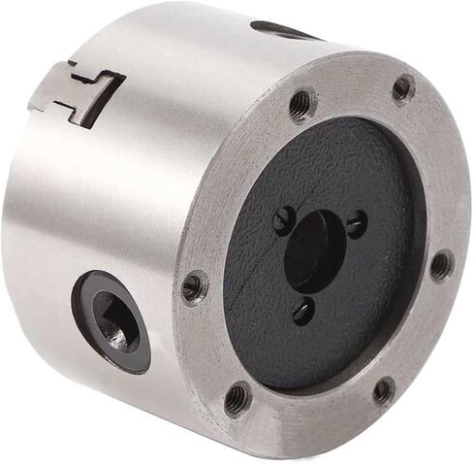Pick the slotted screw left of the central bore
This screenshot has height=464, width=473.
coord(283,220)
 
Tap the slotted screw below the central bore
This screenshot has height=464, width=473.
coord(303,311)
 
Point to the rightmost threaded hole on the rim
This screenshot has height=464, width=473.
coord(441,264)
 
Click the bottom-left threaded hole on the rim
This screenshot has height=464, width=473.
coord(236,397)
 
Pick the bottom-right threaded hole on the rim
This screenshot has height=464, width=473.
coord(384,390)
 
